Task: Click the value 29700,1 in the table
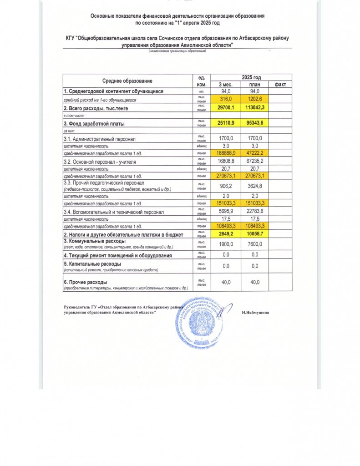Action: (x=226, y=108)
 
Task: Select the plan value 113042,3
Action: (x=254, y=108)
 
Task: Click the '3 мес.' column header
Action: (x=226, y=85)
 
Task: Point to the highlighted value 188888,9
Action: (x=226, y=154)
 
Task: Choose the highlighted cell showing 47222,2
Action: (x=254, y=154)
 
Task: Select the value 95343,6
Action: (x=254, y=123)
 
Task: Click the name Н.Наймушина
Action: (x=255, y=313)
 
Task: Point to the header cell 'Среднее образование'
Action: (x=127, y=81)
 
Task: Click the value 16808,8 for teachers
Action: (x=226, y=162)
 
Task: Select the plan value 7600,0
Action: (x=254, y=243)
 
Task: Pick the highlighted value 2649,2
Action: (x=226, y=233)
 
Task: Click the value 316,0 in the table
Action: (x=226, y=99)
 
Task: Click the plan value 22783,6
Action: (x=254, y=211)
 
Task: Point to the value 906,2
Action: (x=226, y=185)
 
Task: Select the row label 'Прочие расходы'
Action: (x=85, y=283)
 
